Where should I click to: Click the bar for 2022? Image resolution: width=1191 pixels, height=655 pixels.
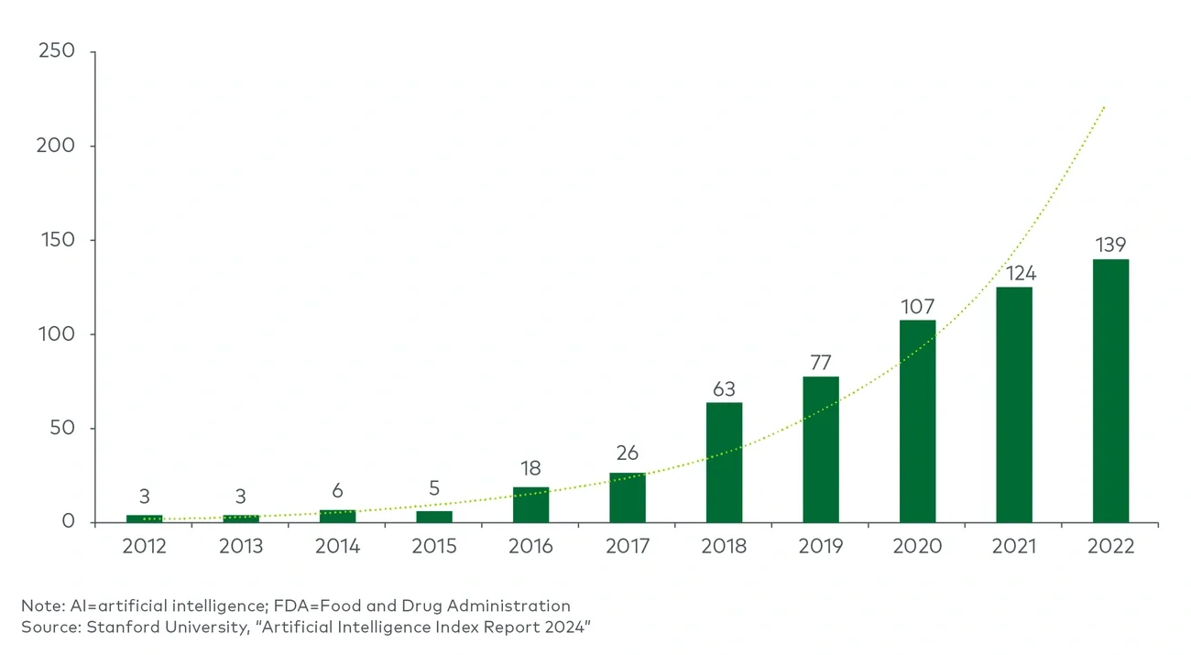[x=1110, y=391]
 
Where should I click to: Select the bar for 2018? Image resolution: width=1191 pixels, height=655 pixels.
[x=724, y=463]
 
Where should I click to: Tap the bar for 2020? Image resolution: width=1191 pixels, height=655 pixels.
[x=917, y=421]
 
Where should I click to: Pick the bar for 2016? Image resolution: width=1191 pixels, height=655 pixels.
[x=530, y=505]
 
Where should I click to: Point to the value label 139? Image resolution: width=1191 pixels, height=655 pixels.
[x=1110, y=246]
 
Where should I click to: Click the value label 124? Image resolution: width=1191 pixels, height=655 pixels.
[x=1014, y=273]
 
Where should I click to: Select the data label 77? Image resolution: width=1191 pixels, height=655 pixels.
[x=821, y=362]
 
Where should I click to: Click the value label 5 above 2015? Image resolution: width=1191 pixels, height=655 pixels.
[x=434, y=489]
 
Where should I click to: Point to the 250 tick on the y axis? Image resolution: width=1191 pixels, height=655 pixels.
[x=56, y=52]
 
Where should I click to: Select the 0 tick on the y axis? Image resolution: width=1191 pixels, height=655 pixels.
[x=67, y=523]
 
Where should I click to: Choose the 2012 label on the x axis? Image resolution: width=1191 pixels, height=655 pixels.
[x=144, y=547]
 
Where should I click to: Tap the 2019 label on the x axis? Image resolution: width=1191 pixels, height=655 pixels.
[x=821, y=547]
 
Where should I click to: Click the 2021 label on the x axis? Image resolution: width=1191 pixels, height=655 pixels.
[x=1014, y=547]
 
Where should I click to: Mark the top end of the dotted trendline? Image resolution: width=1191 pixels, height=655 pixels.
[x=1106, y=106]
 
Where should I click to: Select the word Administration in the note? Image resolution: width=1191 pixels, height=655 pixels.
[x=515, y=606]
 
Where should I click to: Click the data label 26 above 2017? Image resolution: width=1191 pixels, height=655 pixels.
[x=628, y=453]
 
